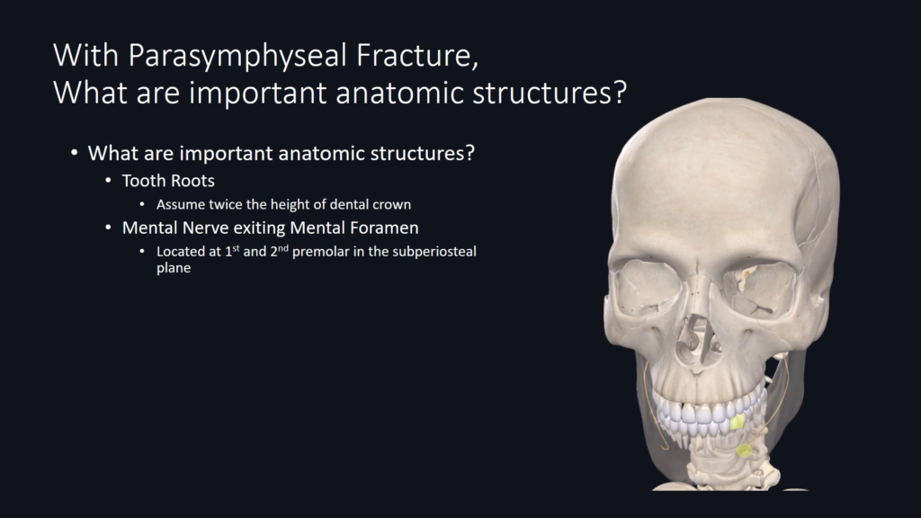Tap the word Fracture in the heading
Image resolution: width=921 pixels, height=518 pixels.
coord(417,56)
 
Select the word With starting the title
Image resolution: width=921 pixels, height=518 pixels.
coord(86,55)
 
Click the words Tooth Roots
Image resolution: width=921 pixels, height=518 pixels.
coord(168,181)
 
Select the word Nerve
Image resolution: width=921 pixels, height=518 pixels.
coord(206,228)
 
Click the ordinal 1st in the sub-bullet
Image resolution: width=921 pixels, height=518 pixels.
coord(232,252)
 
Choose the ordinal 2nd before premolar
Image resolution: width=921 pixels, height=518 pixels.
coord(279,252)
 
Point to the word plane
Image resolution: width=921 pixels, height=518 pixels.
coord(174,268)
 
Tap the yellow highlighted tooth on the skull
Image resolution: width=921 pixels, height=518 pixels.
coord(738,422)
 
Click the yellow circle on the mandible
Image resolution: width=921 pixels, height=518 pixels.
coord(744,451)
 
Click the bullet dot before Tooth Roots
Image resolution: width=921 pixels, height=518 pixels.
coord(108,180)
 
